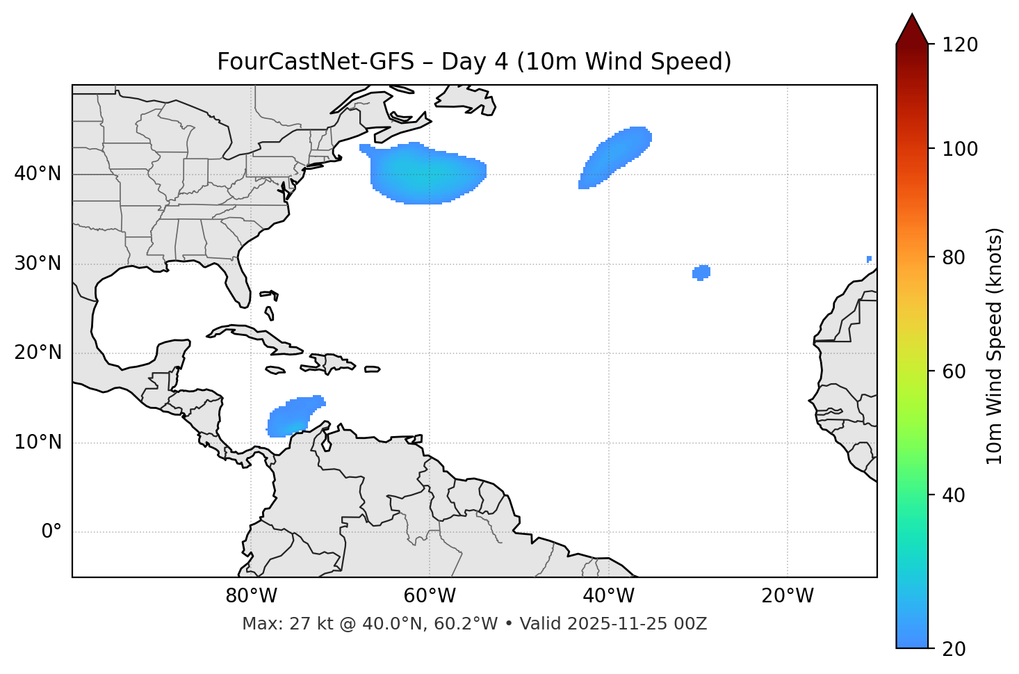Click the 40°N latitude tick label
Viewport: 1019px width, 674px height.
pyautogui.click(x=38, y=174)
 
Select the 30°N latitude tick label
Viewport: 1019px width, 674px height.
pyautogui.click(x=38, y=264)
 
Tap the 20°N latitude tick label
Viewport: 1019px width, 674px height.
pyautogui.click(x=38, y=353)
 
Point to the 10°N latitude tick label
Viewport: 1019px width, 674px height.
pyautogui.click(x=38, y=442)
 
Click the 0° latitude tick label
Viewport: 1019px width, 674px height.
pyautogui.click(x=51, y=532)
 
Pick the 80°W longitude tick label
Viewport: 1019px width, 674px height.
pyautogui.click(x=251, y=596)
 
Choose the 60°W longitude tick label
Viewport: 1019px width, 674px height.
pyautogui.click(x=430, y=596)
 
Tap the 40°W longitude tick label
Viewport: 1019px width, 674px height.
pyautogui.click(x=608, y=596)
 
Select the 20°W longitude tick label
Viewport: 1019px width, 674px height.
pyautogui.click(x=787, y=596)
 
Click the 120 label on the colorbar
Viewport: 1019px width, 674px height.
pyautogui.click(x=959, y=45)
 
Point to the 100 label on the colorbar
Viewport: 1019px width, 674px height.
pyautogui.click(x=959, y=149)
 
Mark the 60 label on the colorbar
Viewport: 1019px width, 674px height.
pyautogui.click(x=954, y=371)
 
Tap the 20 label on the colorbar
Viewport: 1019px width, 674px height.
pyautogui.click(x=954, y=649)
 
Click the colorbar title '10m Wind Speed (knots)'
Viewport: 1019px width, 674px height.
pyautogui.click(x=995, y=346)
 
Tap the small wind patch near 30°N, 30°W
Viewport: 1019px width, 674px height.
pyautogui.click(x=701, y=272)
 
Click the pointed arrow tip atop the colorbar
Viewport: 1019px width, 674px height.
pyautogui.click(x=912, y=17)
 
